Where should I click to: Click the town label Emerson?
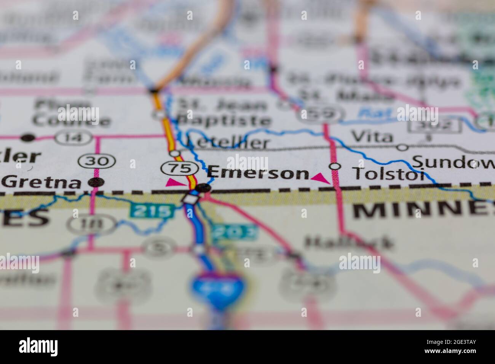tap(258, 173)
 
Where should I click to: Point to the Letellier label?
tap(228, 143)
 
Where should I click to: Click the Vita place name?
tap(372, 137)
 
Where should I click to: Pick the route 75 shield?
tap(179, 168)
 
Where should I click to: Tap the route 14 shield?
tap(73, 137)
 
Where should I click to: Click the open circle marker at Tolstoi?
tap(335, 166)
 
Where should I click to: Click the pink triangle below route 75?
tap(174, 183)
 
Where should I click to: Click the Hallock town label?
tap(348, 242)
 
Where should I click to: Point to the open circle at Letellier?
tap(175, 153)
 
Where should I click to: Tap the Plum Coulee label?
tap(71, 113)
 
